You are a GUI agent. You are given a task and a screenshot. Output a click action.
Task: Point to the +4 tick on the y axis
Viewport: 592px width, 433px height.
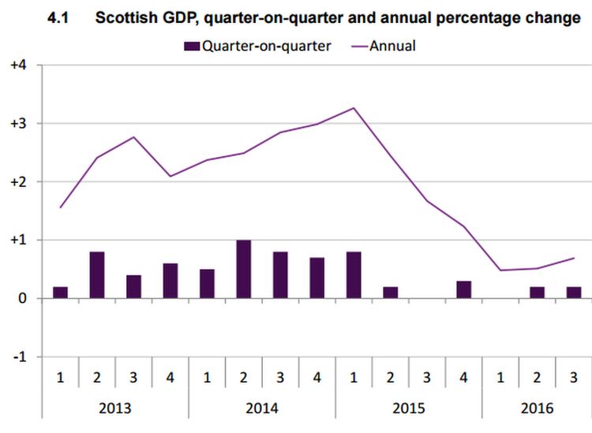[18, 65]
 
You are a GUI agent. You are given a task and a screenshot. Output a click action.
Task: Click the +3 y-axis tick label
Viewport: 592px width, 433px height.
[18, 124]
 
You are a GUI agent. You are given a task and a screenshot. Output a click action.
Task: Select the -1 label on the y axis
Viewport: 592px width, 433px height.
[20, 356]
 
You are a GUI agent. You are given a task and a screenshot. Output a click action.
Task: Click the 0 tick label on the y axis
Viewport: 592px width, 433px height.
[24, 298]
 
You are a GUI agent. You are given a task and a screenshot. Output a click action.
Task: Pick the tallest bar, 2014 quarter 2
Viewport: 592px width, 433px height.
[244, 269]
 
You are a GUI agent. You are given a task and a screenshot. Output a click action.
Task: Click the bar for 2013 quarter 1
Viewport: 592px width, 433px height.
[60, 293]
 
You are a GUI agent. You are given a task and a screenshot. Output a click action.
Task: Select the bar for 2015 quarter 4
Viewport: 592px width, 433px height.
[464, 289]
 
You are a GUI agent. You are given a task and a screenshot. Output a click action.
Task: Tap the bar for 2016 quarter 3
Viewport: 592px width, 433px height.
[574, 293]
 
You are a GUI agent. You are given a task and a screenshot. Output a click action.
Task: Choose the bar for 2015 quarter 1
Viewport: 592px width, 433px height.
[354, 274]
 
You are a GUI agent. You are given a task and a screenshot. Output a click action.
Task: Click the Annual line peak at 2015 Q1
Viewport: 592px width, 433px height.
[354, 108]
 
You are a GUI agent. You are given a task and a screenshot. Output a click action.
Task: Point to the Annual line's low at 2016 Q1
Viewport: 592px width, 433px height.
[500, 271]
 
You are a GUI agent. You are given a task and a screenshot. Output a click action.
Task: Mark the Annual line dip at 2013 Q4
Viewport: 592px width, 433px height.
[170, 176]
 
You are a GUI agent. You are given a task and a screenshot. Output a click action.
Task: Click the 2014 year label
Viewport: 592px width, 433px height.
[262, 409]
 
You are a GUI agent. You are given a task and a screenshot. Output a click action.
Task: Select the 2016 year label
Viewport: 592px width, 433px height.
[537, 409]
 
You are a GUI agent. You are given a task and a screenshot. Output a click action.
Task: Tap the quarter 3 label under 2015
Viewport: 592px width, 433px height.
[427, 377]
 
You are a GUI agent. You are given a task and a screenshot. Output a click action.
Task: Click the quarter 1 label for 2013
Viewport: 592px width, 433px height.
[60, 377]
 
